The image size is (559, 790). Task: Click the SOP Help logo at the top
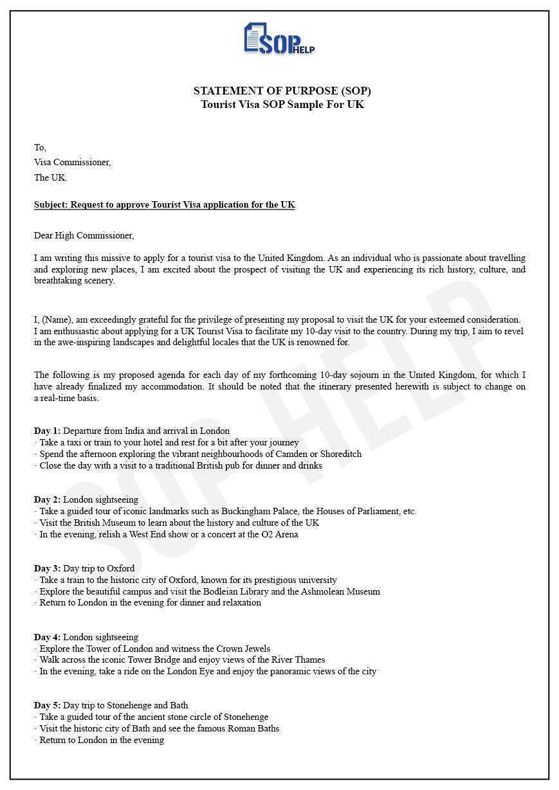click(x=279, y=39)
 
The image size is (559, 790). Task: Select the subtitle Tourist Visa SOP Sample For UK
click(x=282, y=104)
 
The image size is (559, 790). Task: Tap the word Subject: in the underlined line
click(x=51, y=205)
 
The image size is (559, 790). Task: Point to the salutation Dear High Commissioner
click(x=84, y=235)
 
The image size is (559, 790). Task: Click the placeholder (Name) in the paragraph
click(x=58, y=319)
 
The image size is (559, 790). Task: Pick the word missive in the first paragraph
click(x=109, y=258)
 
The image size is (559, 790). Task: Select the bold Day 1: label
click(x=47, y=431)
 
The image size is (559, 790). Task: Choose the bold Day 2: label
click(x=47, y=499)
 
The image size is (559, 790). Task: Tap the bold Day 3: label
click(x=47, y=568)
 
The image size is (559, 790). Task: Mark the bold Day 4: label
click(x=47, y=637)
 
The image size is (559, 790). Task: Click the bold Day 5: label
click(x=47, y=706)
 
